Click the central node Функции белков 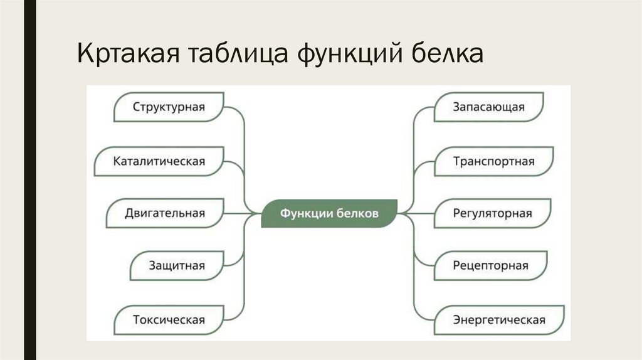coord(329,213)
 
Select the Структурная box coord(168,107)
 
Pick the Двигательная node coord(165,213)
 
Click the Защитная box coord(176,266)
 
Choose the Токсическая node coord(168,320)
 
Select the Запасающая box coord(489,107)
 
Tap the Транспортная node coord(493,161)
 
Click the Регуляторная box coord(492,213)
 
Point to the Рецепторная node coord(490,266)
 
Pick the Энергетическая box coord(499,320)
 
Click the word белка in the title coord(446,55)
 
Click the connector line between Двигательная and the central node coord(241,213)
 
